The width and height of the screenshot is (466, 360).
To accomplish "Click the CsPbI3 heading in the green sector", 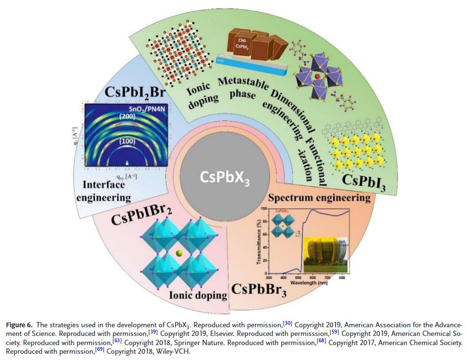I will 365,182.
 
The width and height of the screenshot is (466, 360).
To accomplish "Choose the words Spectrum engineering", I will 319,197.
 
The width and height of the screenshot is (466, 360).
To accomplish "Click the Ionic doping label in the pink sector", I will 197,294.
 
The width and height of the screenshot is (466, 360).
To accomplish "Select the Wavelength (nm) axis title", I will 310,283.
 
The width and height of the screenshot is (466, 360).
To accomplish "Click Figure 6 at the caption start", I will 19,325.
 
